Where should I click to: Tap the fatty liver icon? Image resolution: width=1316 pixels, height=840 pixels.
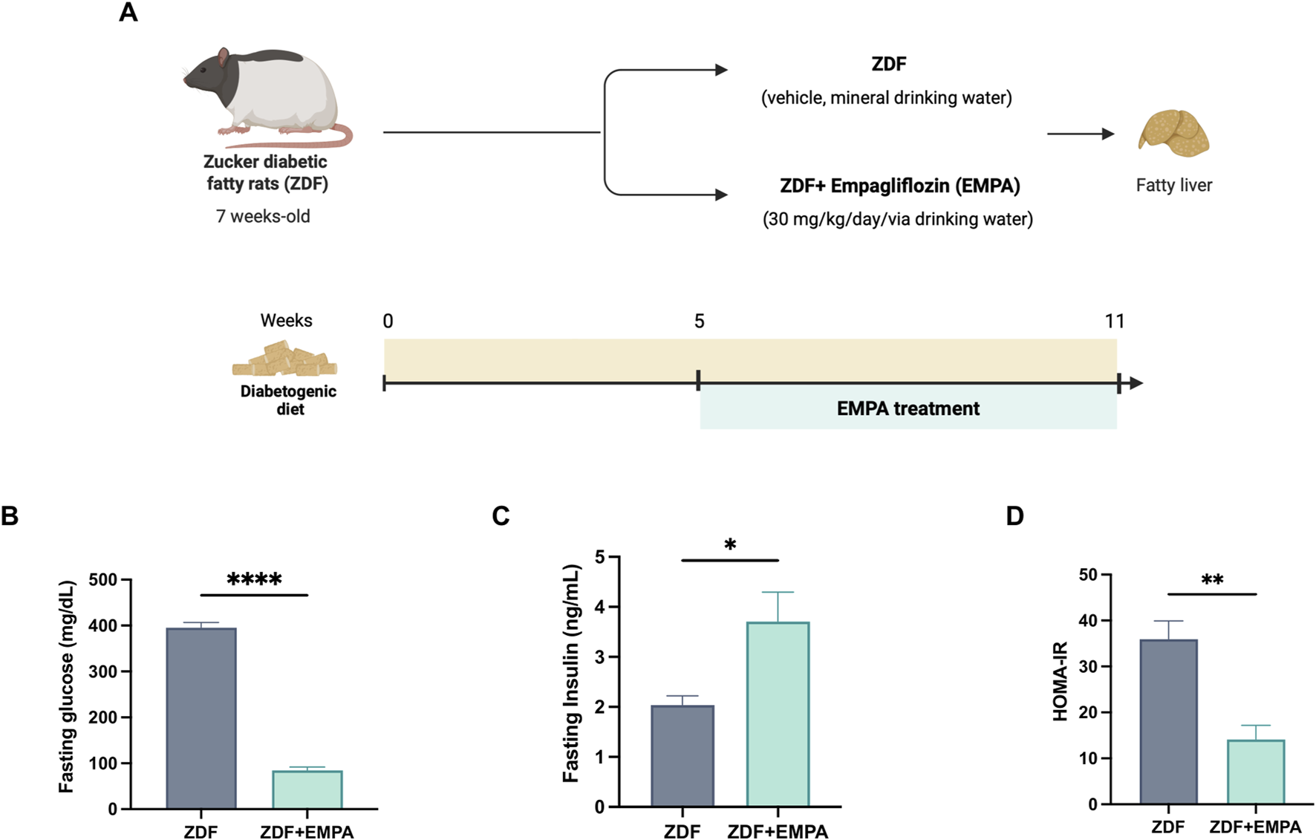tap(1173, 134)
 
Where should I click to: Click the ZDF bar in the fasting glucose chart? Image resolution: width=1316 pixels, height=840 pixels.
tap(201, 717)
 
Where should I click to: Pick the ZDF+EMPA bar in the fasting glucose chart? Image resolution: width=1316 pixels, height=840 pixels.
tap(307, 789)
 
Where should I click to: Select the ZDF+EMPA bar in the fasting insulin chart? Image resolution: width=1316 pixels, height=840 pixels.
tap(778, 714)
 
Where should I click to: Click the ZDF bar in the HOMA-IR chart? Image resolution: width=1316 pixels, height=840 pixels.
tap(1168, 721)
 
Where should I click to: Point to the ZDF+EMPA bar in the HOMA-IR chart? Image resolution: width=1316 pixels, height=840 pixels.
tap(1255, 772)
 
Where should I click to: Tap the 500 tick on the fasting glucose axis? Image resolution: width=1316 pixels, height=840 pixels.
tap(103, 580)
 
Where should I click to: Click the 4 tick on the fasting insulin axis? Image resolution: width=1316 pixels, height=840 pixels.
tap(599, 608)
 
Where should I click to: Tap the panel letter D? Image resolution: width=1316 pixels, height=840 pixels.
tap(1014, 515)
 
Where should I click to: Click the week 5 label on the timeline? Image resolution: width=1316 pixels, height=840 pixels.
tap(699, 321)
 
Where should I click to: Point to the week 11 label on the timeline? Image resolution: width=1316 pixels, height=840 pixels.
tap(1114, 321)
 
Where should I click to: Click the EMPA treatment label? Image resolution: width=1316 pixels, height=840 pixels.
tap(908, 408)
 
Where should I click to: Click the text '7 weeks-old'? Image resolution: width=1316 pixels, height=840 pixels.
tap(263, 216)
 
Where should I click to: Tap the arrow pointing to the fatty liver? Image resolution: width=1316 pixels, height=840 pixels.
tap(1081, 134)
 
